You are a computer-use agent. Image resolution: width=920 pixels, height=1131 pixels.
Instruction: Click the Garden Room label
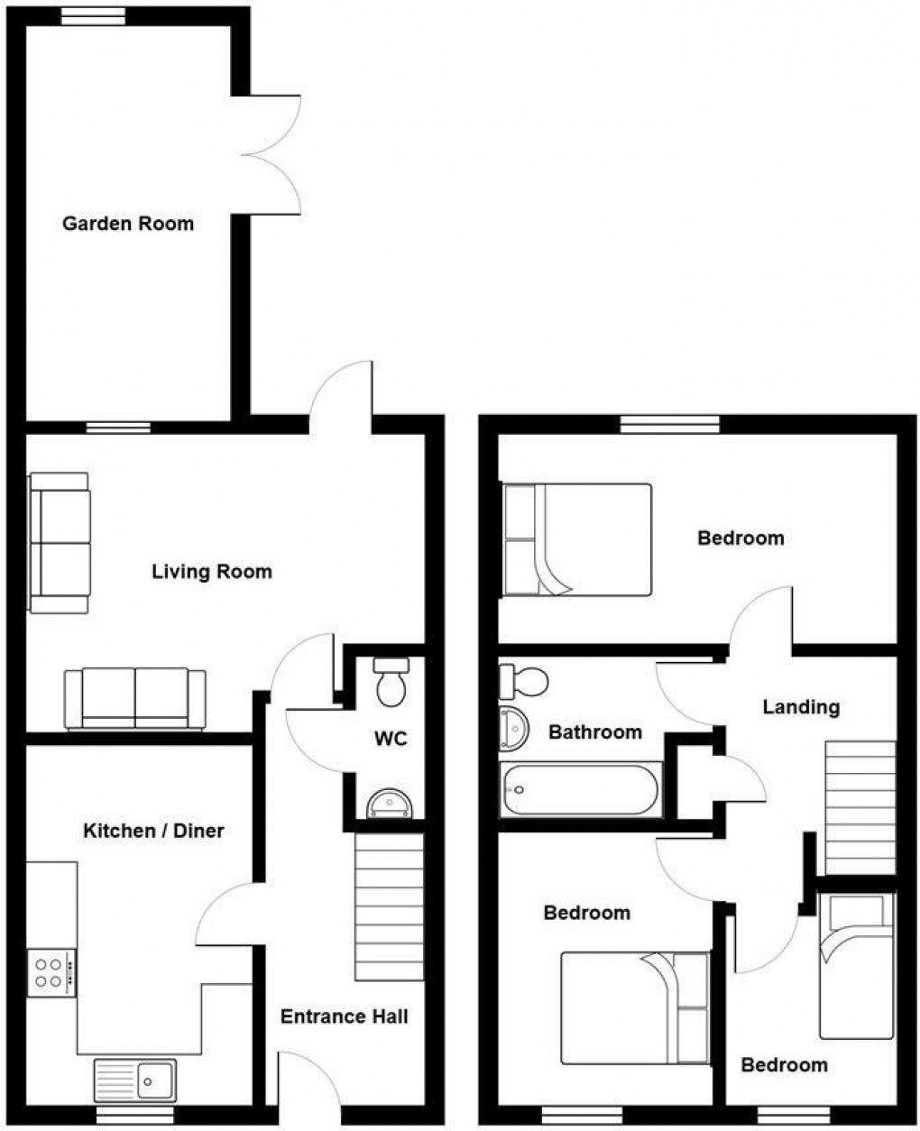coord(128,224)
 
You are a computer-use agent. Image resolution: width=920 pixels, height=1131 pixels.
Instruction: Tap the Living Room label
coord(211,572)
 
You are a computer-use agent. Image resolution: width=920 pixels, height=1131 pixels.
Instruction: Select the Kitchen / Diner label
coord(153,831)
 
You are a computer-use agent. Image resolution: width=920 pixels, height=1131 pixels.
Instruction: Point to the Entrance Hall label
coord(344,1017)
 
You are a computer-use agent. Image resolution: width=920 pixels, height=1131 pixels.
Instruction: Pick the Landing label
coord(801,707)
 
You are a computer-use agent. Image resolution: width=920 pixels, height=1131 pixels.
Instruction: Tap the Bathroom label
coord(595,732)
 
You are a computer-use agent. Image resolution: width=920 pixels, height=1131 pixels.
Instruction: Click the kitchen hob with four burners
coord(51,972)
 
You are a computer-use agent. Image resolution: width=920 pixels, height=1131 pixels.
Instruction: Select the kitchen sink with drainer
coord(135,1080)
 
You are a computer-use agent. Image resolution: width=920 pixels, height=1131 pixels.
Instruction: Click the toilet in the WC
coord(391,682)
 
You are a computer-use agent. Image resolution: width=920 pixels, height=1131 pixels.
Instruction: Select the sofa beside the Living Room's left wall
coord(60,543)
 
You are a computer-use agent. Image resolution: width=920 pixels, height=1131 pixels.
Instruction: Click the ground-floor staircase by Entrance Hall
coord(390,907)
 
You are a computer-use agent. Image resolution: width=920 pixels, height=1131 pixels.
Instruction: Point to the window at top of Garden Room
coord(94,14)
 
